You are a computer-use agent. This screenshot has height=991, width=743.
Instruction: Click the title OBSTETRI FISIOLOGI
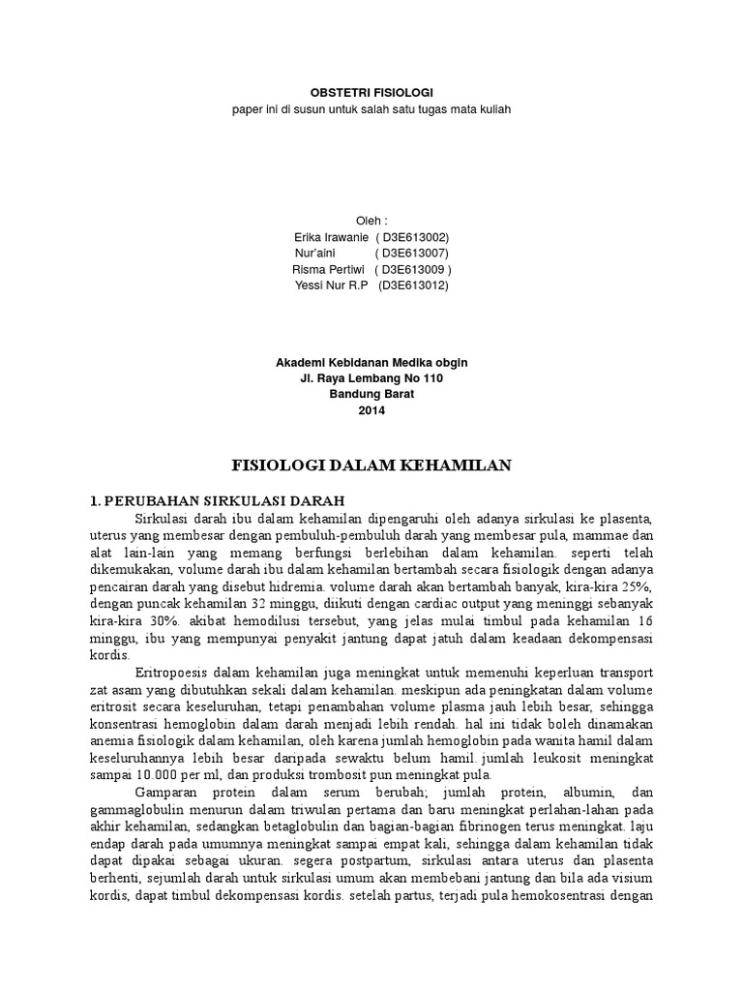371,91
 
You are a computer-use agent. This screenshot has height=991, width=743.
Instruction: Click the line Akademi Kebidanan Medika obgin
371,363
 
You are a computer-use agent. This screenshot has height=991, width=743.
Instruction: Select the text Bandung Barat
371,394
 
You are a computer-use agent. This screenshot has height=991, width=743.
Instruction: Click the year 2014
371,410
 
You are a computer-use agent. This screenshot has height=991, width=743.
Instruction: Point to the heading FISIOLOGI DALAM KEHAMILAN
375,466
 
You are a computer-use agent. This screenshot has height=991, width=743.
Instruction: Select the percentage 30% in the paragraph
156,621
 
